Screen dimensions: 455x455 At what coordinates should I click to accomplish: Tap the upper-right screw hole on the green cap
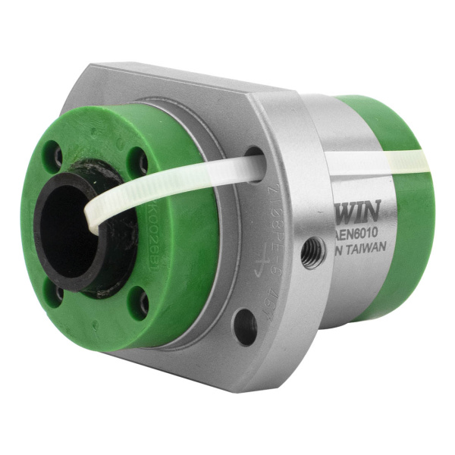pos(140,162)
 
